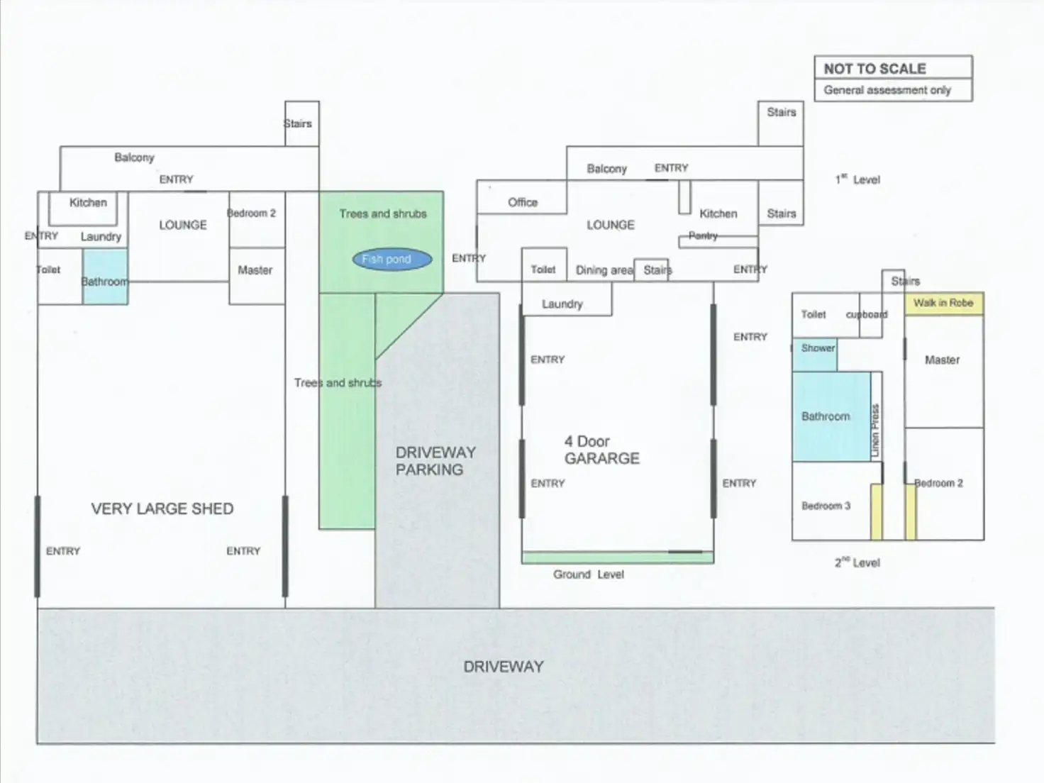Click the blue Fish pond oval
tap(392, 260)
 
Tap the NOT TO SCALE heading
tap(874, 69)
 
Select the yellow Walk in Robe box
tap(943, 303)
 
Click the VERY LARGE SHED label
tap(162, 509)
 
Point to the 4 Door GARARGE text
tap(601, 450)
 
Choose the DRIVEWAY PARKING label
tap(435, 461)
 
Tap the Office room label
tap(523, 202)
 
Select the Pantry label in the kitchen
tap(703, 235)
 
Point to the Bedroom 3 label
tap(826, 506)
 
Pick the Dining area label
tap(604, 270)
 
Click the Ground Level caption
tap(589, 574)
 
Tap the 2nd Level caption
tap(857, 562)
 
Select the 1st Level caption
tap(857, 179)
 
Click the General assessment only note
tap(887, 90)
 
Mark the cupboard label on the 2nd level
tap(866, 314)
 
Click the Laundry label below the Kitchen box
tap(101, 236)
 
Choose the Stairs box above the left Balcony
tap(302, 124)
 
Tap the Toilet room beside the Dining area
tap(543, 270)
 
